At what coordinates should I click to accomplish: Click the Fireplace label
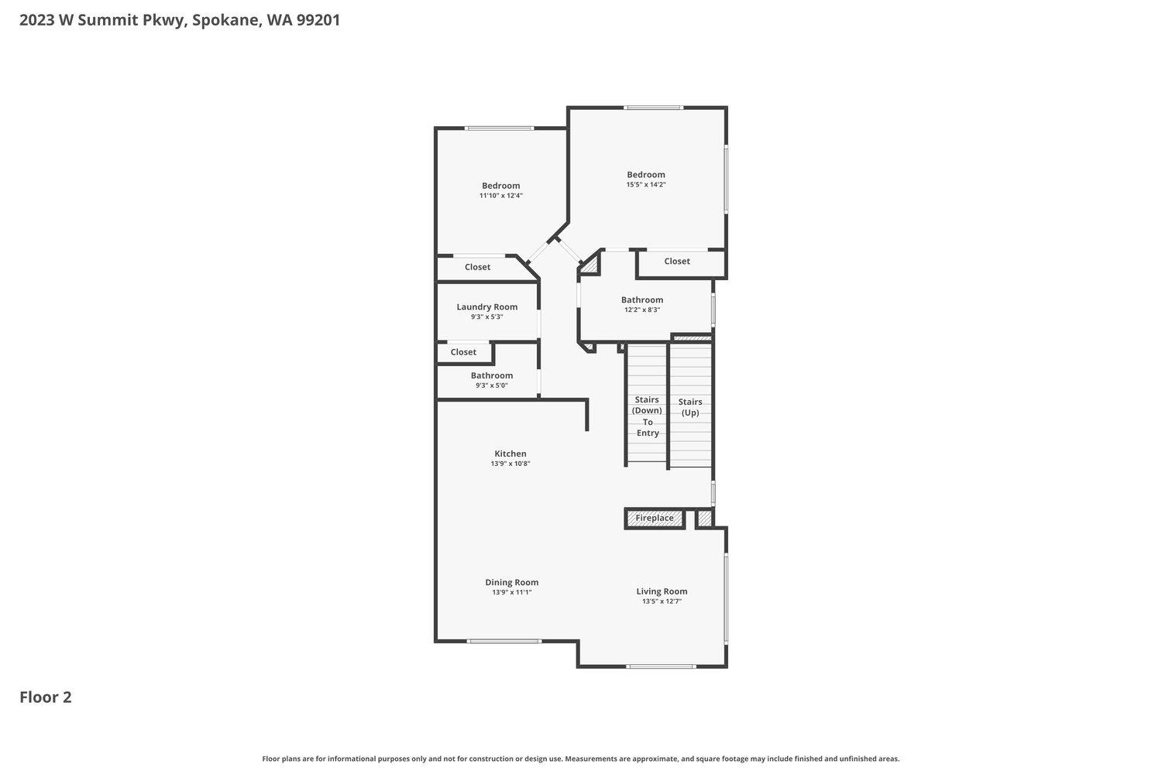pyautogui.click(x=655, y=519)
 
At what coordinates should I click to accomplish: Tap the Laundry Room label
pyautogui.click(x=487, y=307)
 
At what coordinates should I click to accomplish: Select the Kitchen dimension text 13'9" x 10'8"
pyautogui.click(x=511, y=464)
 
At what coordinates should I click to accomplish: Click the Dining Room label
pyautogui.click(x=512, y=583)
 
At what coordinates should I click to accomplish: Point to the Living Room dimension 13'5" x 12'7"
pyautogui.click(x=662, y=601)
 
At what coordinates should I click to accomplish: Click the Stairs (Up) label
pyautogui.click(x=690, y=407)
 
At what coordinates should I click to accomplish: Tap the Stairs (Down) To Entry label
pyautogui.click(x=648, y=416)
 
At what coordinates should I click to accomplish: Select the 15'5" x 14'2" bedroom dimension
pyautogui.click(x=646, y=185)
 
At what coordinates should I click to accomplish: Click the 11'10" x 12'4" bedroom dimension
pyautogui.click(x=501, y=196)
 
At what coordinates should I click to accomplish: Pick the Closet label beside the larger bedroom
pyautogui.click(x=677, y=262)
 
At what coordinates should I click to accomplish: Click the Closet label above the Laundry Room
pyautogui.click(x=477, y=267)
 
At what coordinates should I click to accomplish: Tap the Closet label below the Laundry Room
pyautogui.click(x=463, y=352)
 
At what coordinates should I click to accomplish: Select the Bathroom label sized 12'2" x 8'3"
pyautogui.click(x=642, y=300)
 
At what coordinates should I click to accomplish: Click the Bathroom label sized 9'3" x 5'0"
pyautogui.click(x=492, y=376)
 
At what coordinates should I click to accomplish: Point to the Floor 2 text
pyautogui.click(x=46, y=697)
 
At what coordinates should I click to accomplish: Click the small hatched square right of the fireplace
pyautogui.click(x=704, y=519)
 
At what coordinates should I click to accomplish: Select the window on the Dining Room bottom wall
pyautogui.click(x=504, y=641)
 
